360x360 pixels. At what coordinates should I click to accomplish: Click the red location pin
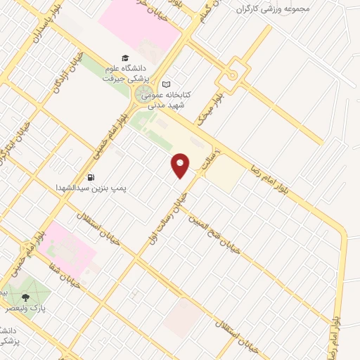click(x=181, y=166)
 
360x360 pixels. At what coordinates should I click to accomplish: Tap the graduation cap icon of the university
click(x=125, y=58)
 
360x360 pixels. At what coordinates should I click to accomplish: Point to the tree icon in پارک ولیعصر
click(x=26, y=297)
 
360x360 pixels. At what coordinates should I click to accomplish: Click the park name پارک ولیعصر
click(x=31, y=308)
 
